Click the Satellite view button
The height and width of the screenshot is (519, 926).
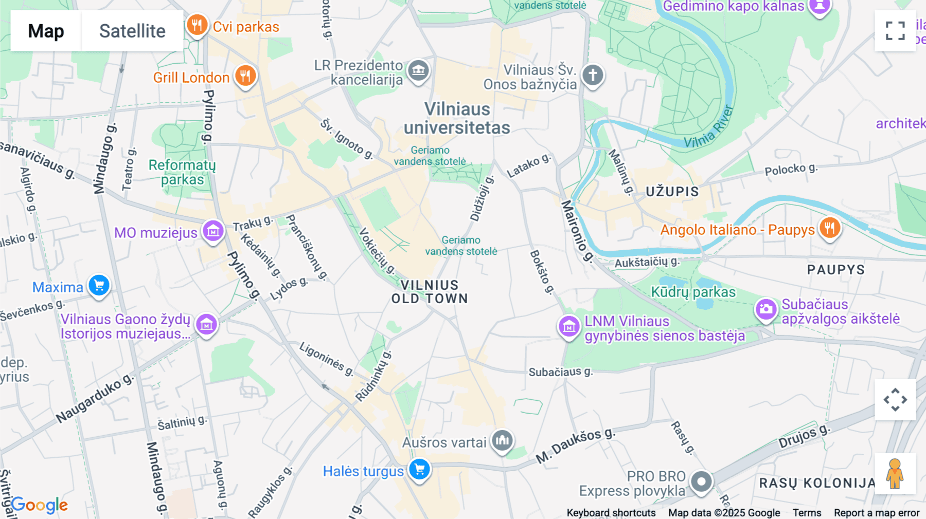(x=132, y=31)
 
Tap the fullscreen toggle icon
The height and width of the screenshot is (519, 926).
(x=895, y=31)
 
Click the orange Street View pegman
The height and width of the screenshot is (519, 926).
(x=895, y=474)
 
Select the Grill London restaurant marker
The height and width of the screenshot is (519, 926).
(x=245, y=76)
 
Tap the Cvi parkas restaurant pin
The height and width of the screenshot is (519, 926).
(x=197, y=25)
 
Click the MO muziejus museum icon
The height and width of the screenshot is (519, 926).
(x=213, y=231)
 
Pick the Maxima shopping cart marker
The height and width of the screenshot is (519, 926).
(x=99, y=285)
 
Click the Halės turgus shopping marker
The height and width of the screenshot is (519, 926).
(x=420, y=469)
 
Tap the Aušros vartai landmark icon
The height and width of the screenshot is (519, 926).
(x=502, y=440)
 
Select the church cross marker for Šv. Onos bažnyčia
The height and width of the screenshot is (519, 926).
(x=593, y=75)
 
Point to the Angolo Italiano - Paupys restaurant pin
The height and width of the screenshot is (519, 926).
(x=829, y=228)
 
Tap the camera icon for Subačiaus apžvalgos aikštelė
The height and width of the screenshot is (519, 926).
(x=765, y=309)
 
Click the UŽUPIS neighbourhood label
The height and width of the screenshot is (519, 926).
(x=672, y=192)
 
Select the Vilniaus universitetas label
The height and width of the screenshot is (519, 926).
(x=457, y=118)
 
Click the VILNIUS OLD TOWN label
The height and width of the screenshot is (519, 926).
(x=430, y=292)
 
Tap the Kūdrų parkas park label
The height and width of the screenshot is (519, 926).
(x=693, y=292)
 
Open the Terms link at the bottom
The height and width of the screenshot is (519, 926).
(x=807, y=512)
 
